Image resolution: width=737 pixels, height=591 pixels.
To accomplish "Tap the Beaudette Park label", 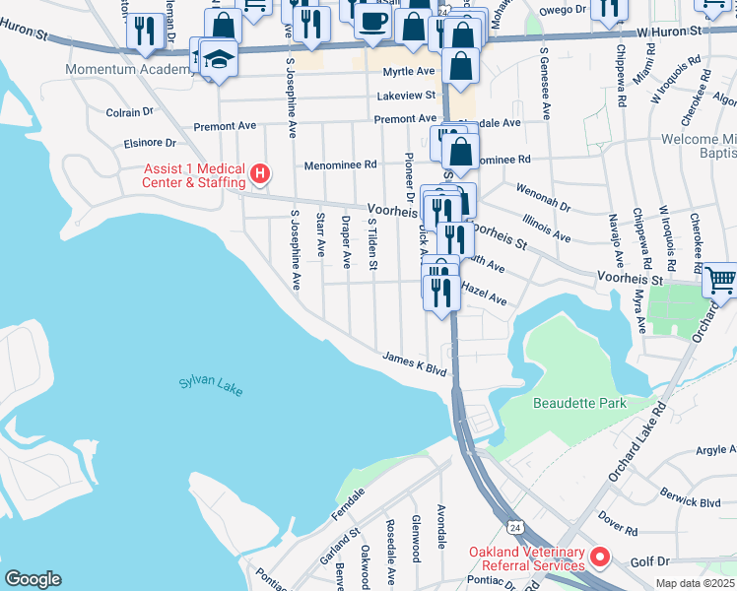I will pyautogui.click(x=578, y=403).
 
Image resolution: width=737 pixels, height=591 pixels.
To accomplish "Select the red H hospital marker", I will pyautogui.click(x=259, y=174).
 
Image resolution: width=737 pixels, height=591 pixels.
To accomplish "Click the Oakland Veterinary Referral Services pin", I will pyautogui.click(x=599, y=559).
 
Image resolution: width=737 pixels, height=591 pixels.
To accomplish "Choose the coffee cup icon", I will pyautogui.click(x=372, y=21).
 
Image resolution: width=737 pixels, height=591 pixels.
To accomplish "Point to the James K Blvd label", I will pyautogui.click(x=415, y=364).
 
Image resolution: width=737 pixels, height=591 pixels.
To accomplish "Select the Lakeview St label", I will pyautogui.click(x=406, y=96).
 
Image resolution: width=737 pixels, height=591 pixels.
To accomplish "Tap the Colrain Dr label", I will pyautogui.click(x=123, y=112).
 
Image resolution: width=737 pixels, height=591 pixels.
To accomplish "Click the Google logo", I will pyautogui.click(x=33, y=579).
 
